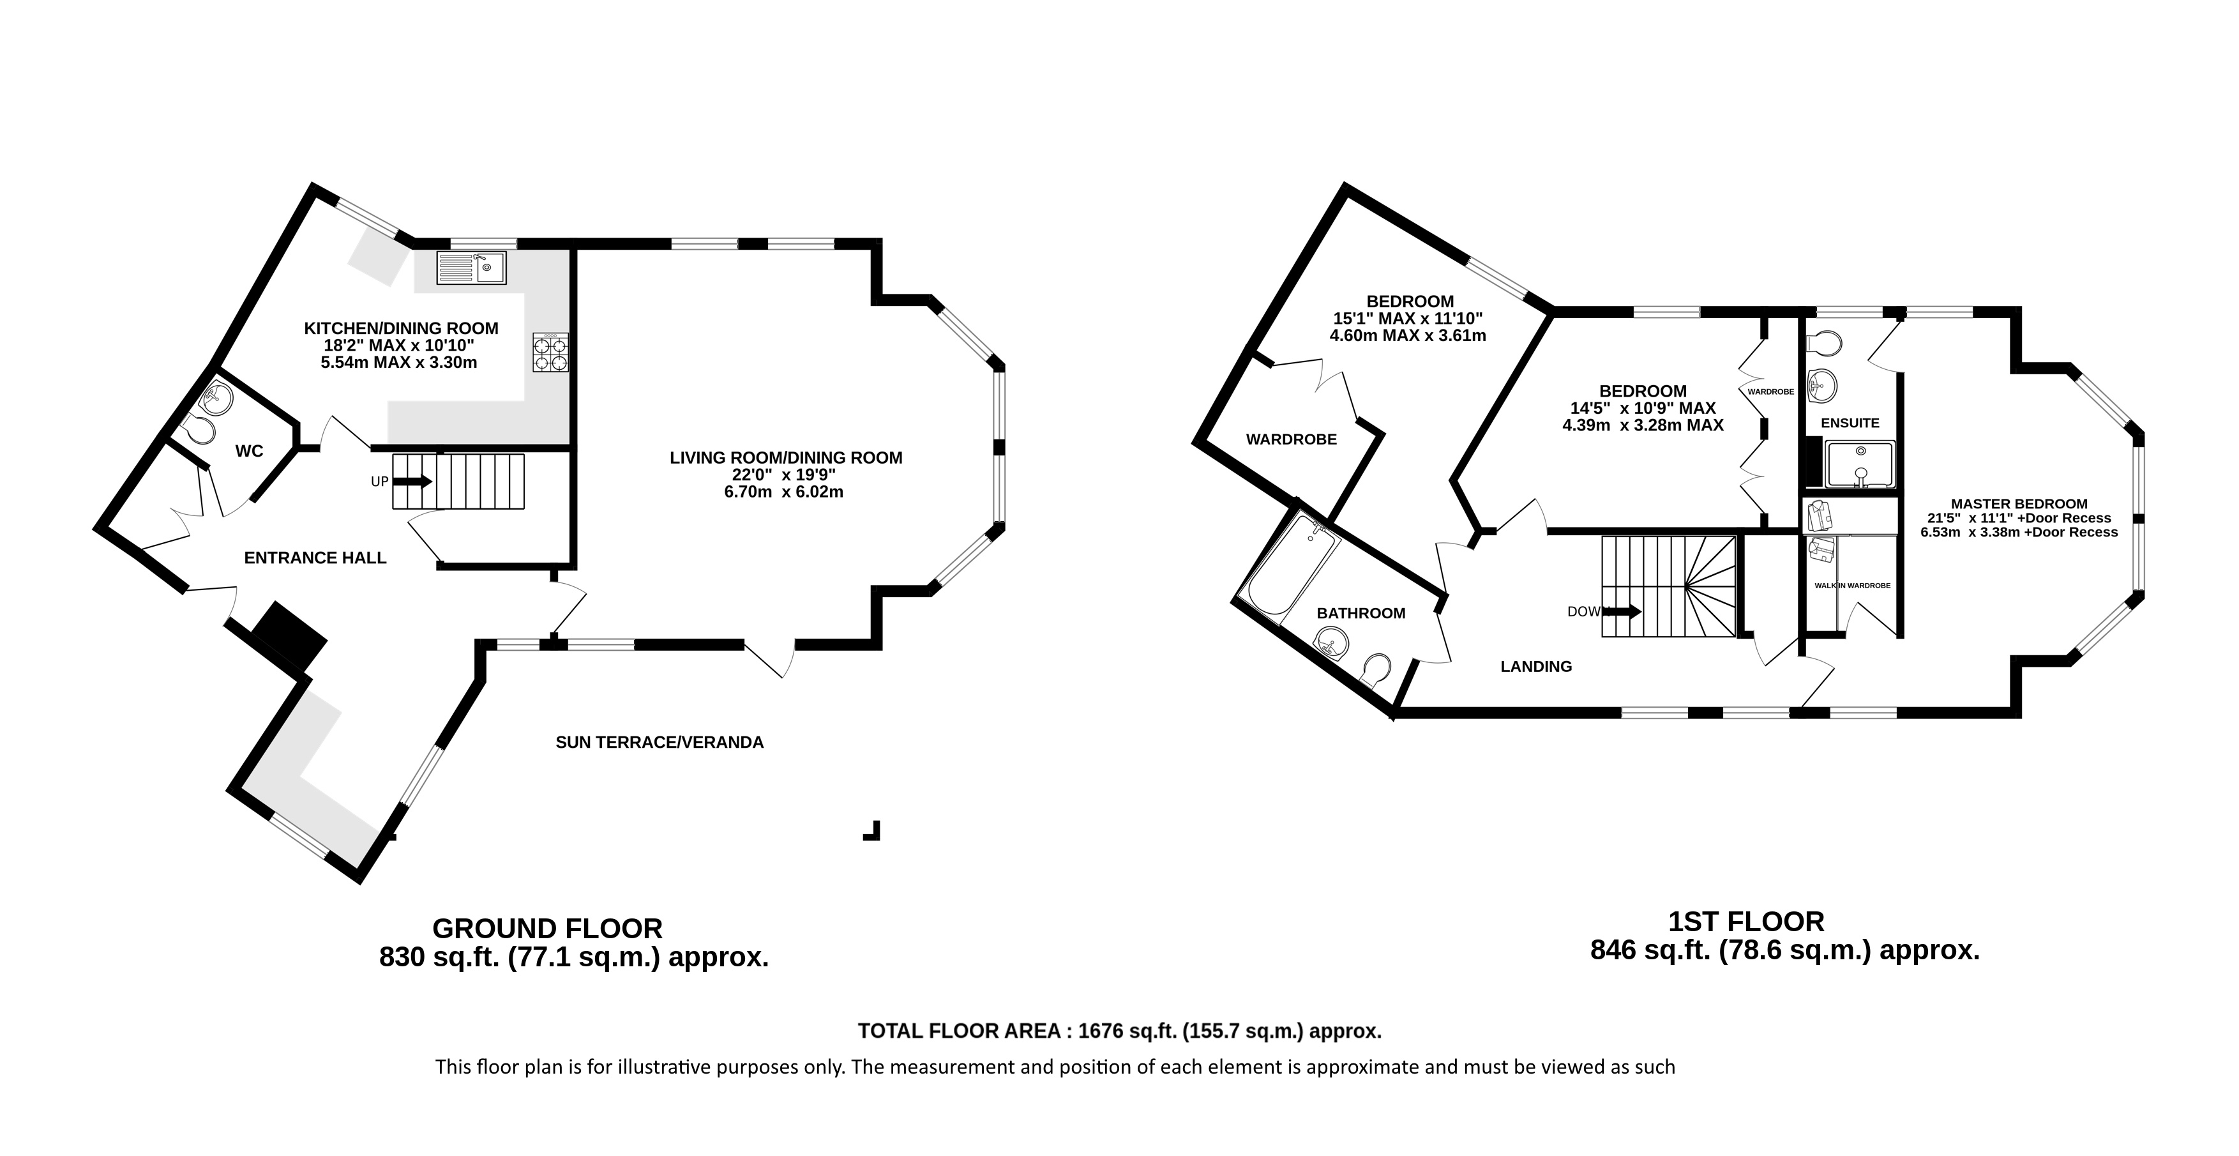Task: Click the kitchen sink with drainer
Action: point(471,268)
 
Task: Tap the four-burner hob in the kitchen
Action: point(550,354)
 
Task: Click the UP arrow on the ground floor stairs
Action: point(414,481)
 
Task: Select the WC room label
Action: point(250,451)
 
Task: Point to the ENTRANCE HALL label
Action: point(315,558)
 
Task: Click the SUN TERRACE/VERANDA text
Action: point(660,742)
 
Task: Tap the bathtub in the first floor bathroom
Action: point(1292,565)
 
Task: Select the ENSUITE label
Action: point(1850,423)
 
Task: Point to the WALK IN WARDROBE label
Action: point(1852,586)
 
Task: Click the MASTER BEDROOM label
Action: point(2019,504)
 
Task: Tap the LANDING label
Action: point(1536,667)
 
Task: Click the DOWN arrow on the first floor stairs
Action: point(1623,611)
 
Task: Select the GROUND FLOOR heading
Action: point(548,928)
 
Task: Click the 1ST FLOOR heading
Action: point(1746,922)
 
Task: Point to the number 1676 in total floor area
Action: point(1101,1031)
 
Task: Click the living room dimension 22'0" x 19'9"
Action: point(784,475)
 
